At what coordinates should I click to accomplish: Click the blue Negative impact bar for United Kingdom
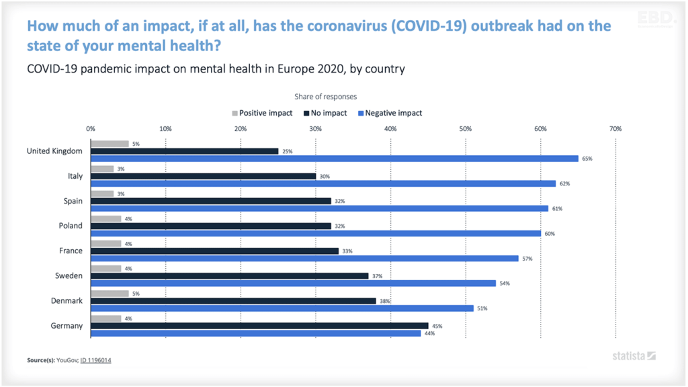[x=334, y=159]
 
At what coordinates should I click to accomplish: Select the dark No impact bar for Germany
[x=259, y=326]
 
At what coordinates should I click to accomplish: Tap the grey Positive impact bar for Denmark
[x=109, y=294]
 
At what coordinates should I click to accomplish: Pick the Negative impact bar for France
[x=304, y=258]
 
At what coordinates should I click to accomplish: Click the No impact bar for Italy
[x=203, y=176]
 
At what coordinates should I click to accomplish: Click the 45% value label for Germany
[x=437, y=326]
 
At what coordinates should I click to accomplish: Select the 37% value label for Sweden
[x=377, y=276]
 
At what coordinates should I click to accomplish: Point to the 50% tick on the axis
[x=465, y=128]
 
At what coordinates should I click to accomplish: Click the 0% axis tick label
[x=91, y=128]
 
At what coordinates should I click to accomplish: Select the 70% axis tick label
[x=615, y=128]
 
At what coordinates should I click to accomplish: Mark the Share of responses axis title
[x=325, y=97]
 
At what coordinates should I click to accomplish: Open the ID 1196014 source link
[x=95, y=360]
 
